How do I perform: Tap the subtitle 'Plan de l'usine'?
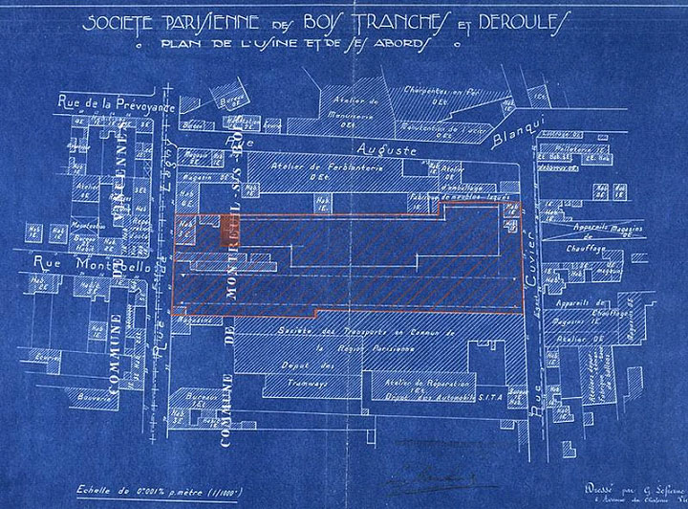pos(217,44)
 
